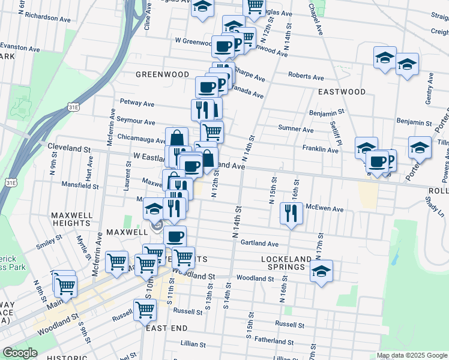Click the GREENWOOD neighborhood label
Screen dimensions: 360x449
[x=162, y=74]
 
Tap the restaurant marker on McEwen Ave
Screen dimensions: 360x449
[x=291, y=214]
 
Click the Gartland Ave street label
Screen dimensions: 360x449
[x=260, y=244]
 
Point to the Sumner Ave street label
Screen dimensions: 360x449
[x=296, y=129]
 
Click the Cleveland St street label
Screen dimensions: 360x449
[x=70, y=148]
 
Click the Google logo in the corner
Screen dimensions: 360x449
[x=20, y=353]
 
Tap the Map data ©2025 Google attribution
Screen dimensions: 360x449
[x=411, y=355]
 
